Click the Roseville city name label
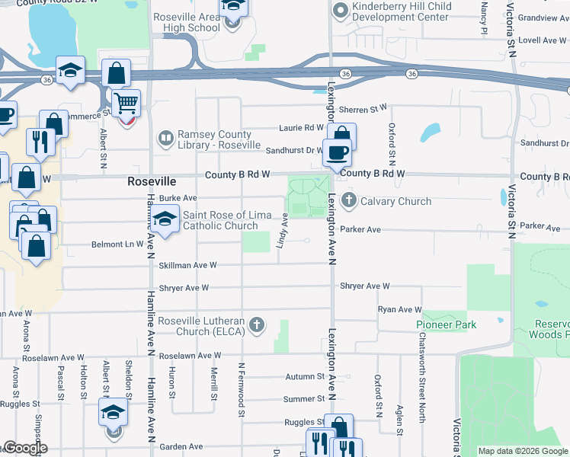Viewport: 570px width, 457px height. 151,183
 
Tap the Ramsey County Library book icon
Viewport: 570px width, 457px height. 165,139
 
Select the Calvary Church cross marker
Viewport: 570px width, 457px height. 349,202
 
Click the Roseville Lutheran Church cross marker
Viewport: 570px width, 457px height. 258,325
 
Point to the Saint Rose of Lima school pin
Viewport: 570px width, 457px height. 164,220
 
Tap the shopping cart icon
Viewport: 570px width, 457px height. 126,101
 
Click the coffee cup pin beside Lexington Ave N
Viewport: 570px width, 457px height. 338,152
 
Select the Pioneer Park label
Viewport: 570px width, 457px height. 446,324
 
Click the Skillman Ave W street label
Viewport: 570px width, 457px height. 188,265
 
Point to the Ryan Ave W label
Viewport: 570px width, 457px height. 399,309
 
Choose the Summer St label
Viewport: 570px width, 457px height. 304,399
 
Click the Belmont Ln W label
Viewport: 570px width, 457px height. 118,244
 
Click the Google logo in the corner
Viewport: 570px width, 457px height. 25,448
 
